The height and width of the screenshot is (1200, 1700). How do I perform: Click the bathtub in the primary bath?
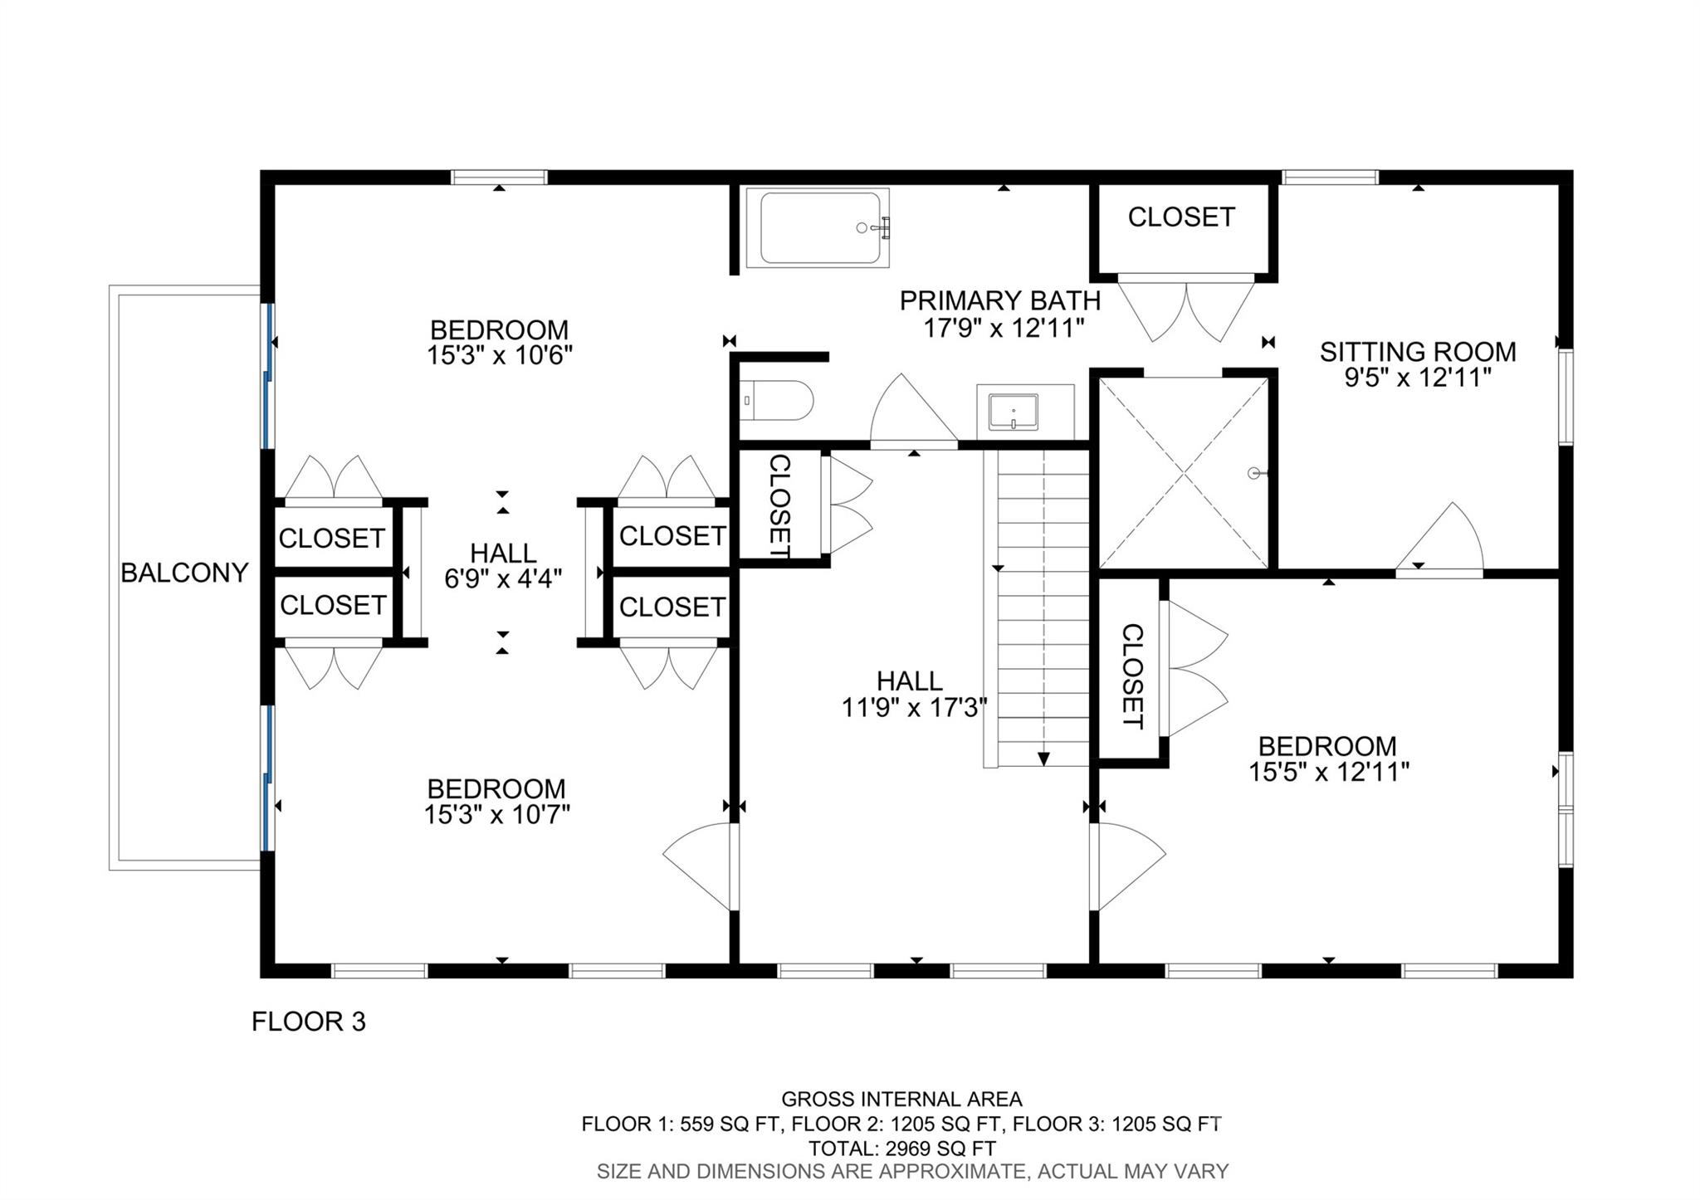pos(818,228)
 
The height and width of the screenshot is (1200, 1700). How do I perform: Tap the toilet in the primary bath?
pos(776,401)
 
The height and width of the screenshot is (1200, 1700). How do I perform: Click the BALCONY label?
pos(184,573)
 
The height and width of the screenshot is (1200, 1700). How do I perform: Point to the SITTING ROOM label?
pos(1418,352)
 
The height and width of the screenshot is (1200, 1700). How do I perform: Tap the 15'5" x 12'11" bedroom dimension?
pos(1328,773)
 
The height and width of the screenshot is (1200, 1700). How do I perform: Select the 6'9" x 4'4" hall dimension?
pos(503,578)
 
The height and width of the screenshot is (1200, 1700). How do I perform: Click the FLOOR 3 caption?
pos(308,1022)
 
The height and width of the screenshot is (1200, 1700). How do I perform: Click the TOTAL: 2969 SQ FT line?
pos(901,1149)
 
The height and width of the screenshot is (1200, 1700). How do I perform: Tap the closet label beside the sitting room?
pos(1180,217)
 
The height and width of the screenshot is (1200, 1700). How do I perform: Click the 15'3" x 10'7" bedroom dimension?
pos(496,815)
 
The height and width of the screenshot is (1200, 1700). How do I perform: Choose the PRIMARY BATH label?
pos(999,300)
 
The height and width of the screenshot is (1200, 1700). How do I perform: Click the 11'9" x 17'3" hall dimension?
pos(913,708)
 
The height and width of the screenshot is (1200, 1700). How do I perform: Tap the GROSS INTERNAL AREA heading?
pos(901,1100)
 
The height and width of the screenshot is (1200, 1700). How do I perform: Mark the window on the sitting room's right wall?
pos(1566,397)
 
